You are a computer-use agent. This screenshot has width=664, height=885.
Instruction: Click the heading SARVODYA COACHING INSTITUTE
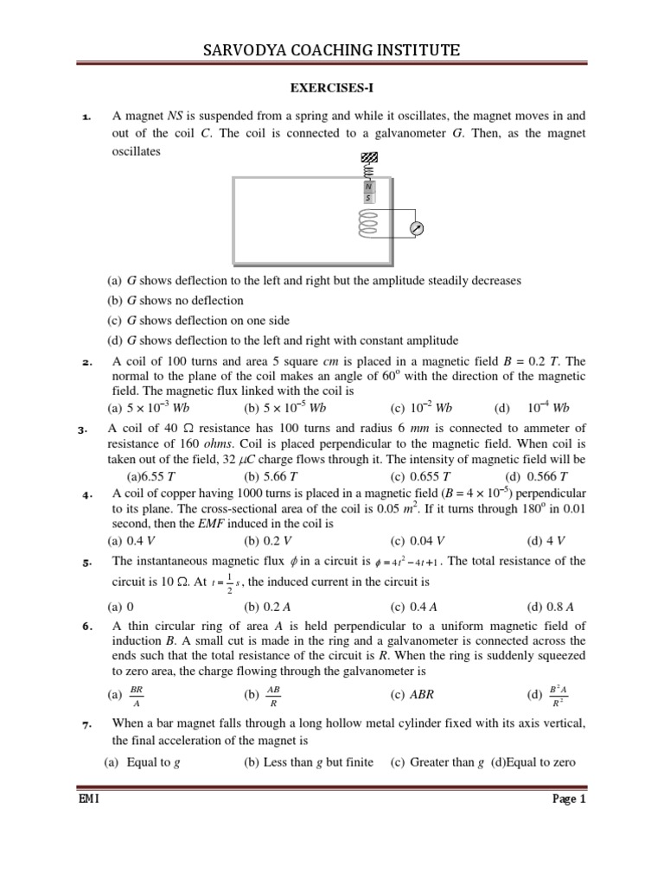pyautogui.click(x=332, y=52)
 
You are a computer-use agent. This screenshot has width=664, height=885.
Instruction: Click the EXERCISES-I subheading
pyautogui.click(x=332, y=88)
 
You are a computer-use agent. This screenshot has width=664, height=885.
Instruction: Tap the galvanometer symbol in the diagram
pyautogui.click(x=417, y=229)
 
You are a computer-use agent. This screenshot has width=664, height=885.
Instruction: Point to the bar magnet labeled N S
pyautogui.click(x=369, y=191)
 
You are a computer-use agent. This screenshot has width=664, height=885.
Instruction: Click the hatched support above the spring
pyautogui.click(x=369, y=157)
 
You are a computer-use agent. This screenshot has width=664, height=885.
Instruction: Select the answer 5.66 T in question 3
pyautogui.click(x=271, y=475)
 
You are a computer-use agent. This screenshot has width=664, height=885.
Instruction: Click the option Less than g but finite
pyautogui.click(x=309, y=761)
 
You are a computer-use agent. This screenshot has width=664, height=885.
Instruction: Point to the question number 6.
pyautogui.click(x=86, y=627)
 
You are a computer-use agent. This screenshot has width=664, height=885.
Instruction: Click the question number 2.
pyautogui.click(x=85, y=362)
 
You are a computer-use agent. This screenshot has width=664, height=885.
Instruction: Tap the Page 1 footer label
pyautogui.click(x=569, y=799)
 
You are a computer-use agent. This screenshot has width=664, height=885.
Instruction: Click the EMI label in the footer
pyautogui.click(x=89, y=799)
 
